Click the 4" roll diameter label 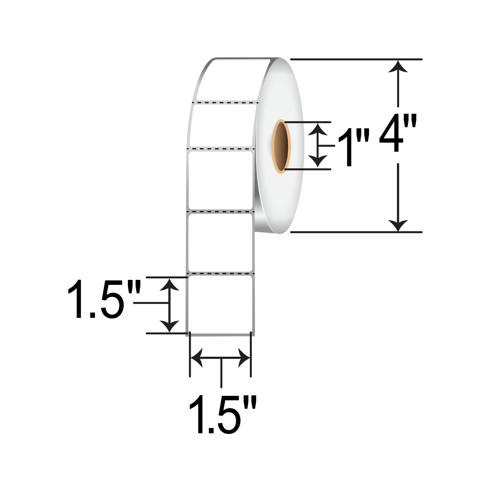tap(398, 132)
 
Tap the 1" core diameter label tap(354, 147)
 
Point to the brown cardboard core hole tap(281, 147)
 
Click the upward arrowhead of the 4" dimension tap(398, 67)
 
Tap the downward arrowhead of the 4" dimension tap(398, 225)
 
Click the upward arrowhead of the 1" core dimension tap(318, 129)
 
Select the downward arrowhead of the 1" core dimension tap(318, 161)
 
